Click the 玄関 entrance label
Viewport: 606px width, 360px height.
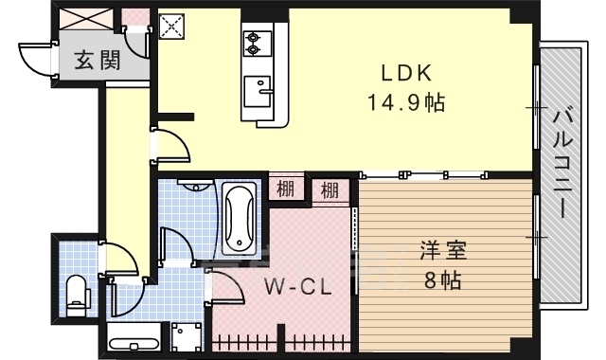click(x=97, y=62)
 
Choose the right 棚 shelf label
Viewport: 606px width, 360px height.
click(x=330, y=189)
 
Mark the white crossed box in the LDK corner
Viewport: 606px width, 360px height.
click(x=172, y=27)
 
